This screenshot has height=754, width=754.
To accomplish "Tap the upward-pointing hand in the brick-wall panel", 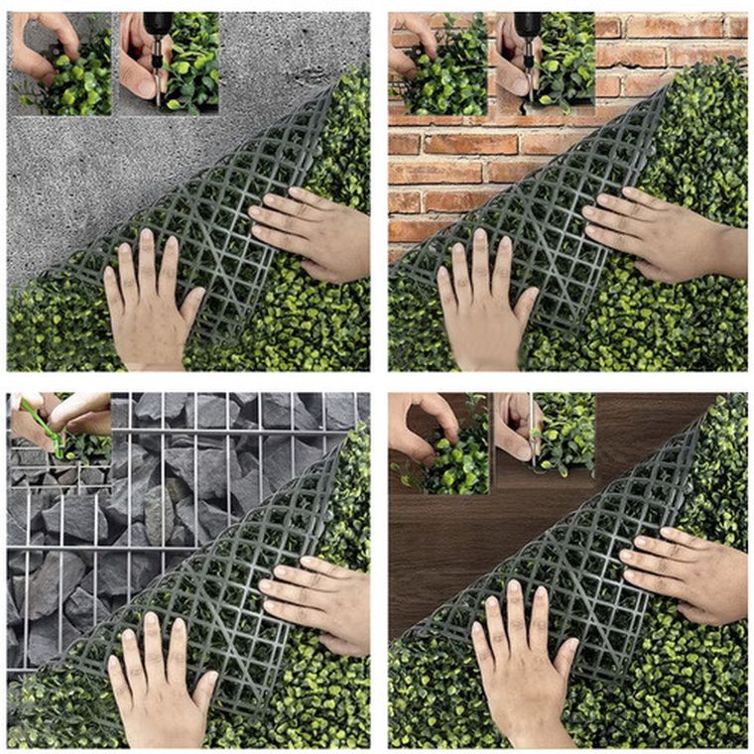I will coord(483,303).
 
